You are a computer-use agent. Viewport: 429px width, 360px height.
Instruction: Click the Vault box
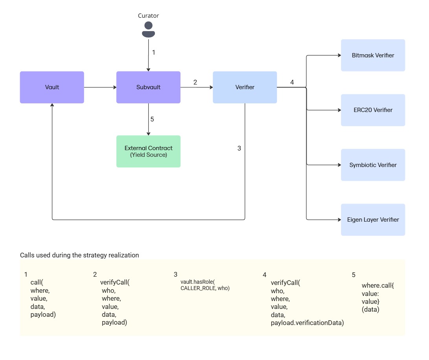click(52, 87)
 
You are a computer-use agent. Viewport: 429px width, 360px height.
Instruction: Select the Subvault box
click(148, 87)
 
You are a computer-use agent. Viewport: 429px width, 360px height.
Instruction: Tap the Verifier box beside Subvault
click(245, 87)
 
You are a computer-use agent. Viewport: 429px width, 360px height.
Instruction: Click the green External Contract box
click(148, 151)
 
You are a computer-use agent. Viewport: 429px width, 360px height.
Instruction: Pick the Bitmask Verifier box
click(373, 55)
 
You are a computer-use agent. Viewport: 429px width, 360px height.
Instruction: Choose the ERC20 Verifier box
click(373, 110)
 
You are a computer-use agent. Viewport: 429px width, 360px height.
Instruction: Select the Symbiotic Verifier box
click(373, 165)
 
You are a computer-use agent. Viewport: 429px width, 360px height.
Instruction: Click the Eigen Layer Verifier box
click(373, 220)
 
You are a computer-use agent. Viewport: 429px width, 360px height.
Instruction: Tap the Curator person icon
click(148, 30)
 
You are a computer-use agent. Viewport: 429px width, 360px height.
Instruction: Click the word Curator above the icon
click(148, 16)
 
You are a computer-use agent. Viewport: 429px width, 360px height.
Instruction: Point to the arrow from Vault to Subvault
click(100, 87)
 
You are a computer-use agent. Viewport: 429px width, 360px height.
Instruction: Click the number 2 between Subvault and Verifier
click(195, 82)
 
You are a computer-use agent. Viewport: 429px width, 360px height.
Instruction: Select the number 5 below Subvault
click(152, 119)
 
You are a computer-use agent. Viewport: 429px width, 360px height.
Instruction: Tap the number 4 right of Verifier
click(292, 82)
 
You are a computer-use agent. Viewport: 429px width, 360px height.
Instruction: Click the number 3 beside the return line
click(239, 148)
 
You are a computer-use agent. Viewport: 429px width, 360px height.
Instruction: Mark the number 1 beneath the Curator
click(154, 52)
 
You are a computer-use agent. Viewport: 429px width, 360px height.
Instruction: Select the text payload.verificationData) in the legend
click(307, 323)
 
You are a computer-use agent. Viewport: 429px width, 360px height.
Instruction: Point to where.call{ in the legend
click(377, 285)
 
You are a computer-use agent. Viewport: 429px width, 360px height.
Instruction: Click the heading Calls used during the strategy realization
click(79, 255)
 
